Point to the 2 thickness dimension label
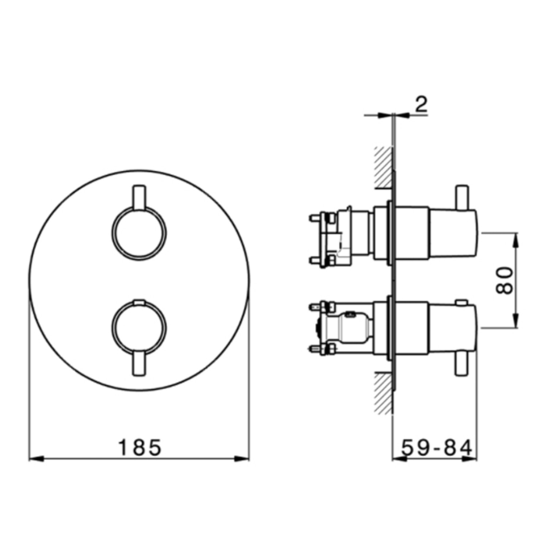421,104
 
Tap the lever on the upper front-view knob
139,198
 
